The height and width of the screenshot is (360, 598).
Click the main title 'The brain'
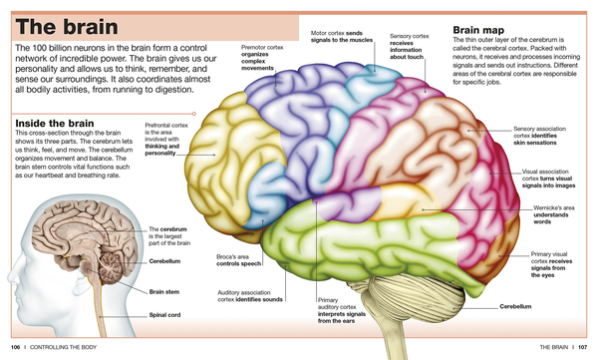point(67,27)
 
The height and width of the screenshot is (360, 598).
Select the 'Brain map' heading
point(478,30)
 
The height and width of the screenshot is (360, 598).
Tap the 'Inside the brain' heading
point(55,124)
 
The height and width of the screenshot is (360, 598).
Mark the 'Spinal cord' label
point(164,315)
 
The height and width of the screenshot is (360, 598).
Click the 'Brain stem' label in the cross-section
point(164,291)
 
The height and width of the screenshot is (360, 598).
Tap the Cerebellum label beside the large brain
point(515,306)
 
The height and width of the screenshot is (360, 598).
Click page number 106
point(15,347)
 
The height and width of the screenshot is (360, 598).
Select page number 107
point(582,347)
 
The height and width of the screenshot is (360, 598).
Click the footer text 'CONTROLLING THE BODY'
point(64,347)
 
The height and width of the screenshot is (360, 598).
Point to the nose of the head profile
point(10,277)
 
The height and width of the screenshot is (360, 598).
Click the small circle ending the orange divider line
point(194,114)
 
